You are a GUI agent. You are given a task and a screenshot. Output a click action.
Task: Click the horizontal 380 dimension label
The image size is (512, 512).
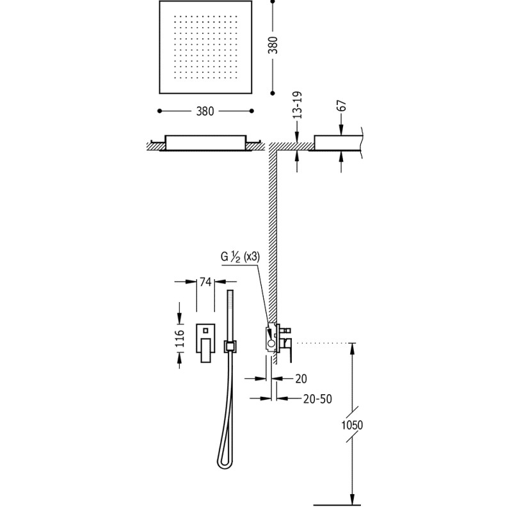[205, 111]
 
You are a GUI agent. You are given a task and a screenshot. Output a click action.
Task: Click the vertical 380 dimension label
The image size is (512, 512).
[273, 45]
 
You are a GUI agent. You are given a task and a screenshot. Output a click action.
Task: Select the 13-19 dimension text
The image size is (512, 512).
[297, 105]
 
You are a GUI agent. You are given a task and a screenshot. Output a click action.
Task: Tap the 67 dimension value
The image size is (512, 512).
[342, 106]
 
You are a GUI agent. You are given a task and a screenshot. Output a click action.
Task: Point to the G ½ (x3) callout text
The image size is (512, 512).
[241, 257]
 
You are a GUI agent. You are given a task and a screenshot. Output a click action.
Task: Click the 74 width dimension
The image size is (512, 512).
[205, 282]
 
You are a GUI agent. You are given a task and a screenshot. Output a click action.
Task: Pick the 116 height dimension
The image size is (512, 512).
[180, 339]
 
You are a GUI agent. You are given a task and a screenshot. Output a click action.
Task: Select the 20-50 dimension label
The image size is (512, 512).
[317, 399]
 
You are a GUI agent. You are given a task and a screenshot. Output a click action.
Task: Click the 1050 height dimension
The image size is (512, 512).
[352, 425]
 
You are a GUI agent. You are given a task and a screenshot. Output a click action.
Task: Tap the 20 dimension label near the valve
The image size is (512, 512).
[301, 378]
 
